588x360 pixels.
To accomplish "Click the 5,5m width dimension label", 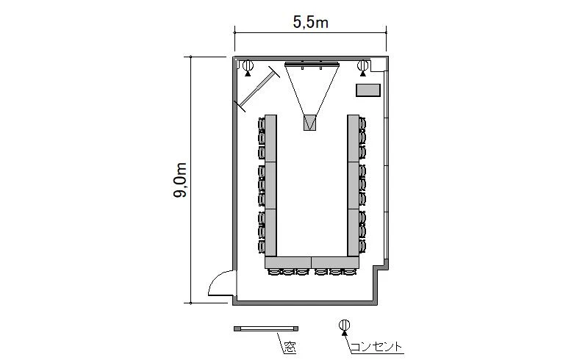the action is (x=310, y=23).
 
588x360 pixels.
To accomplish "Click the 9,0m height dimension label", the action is (x=180, y=180).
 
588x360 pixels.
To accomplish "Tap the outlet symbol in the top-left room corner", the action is (x=248, y=68).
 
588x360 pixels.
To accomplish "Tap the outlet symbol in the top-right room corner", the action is (x=362, y=68).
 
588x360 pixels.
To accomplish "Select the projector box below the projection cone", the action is (x=309, y=123).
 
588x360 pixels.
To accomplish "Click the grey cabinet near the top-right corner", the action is (x=368, y=90).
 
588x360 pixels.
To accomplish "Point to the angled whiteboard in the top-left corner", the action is (x=257, y=89).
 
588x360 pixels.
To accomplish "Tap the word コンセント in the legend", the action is (x=376, y=347).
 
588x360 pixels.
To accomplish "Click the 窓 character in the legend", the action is (x=290, y=348).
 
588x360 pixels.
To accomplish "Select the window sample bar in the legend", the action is (x=266, y=328).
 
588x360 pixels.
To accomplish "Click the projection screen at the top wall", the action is (x=312, y=64).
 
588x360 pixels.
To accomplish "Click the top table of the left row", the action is (x=270, y=138).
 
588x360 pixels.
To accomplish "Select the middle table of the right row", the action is (x=354, y=186).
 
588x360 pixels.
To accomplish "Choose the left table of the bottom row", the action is (x=288, y=262).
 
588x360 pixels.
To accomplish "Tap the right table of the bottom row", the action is (x=336, y=262).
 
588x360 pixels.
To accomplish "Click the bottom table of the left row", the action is (x=270, y=233).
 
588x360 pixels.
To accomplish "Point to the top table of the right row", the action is (x=354, y=138).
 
